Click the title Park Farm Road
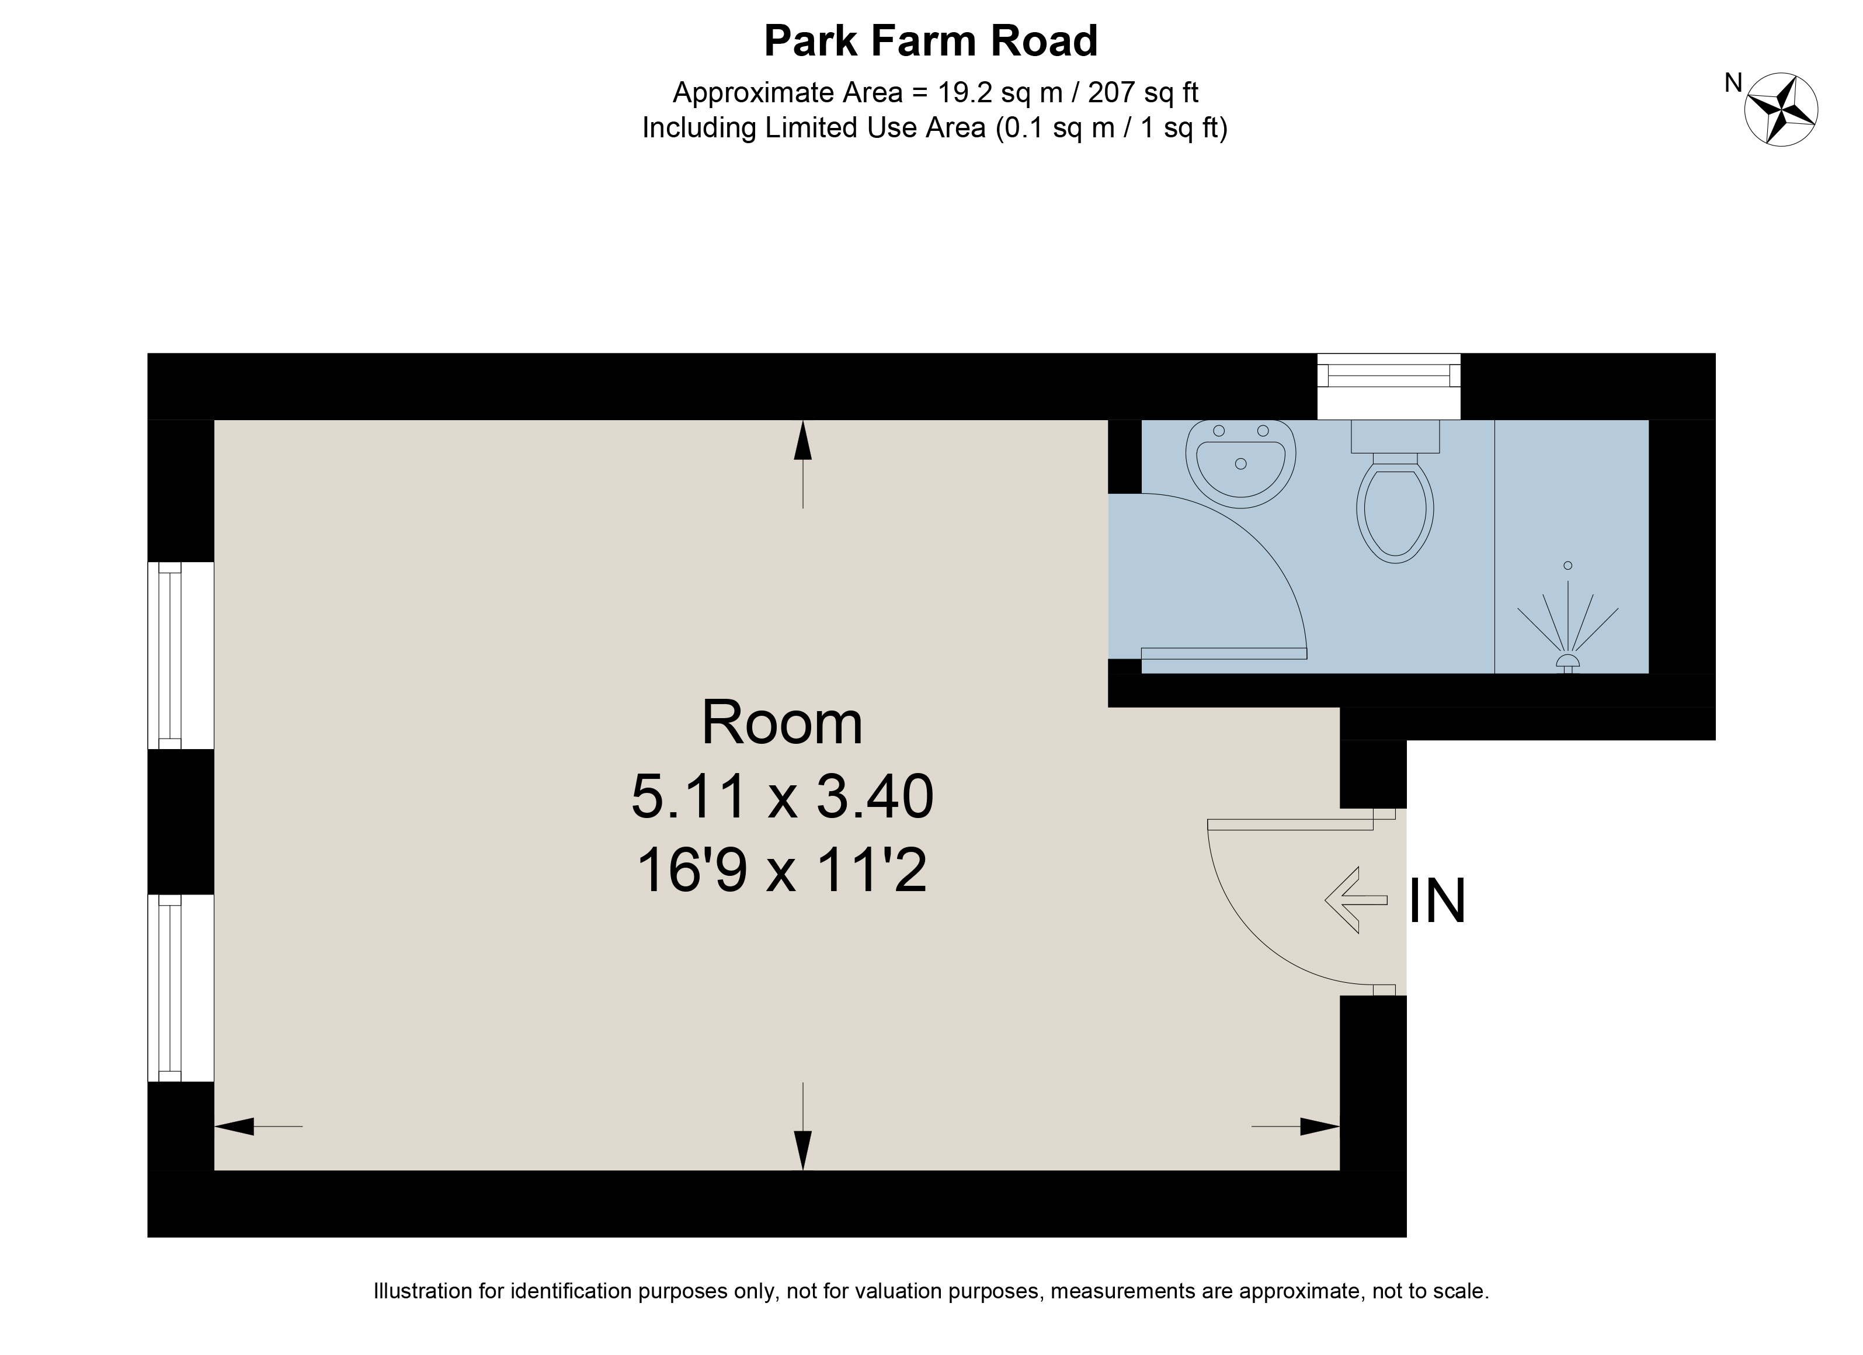931,41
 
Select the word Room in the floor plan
782,722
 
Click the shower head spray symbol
1567,618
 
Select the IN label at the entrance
1437,902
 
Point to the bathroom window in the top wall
1389,386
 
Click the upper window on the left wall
180,655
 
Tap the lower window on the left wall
180,987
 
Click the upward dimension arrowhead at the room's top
802,441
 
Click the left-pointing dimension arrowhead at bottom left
234,1127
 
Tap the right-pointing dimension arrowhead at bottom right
1320,1127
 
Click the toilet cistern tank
1395,436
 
